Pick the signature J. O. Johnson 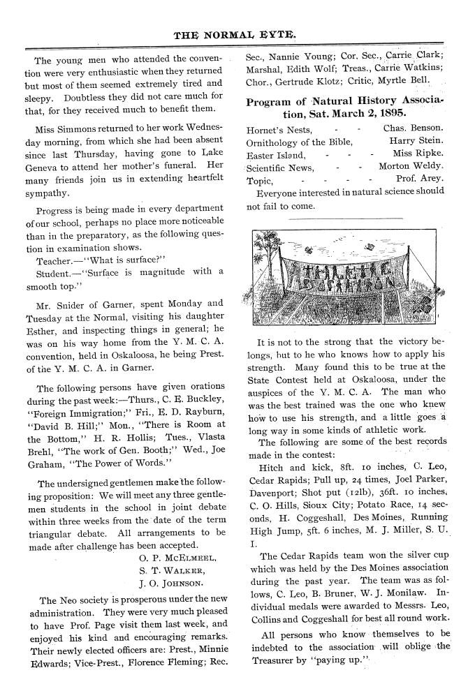pos(172,584)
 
